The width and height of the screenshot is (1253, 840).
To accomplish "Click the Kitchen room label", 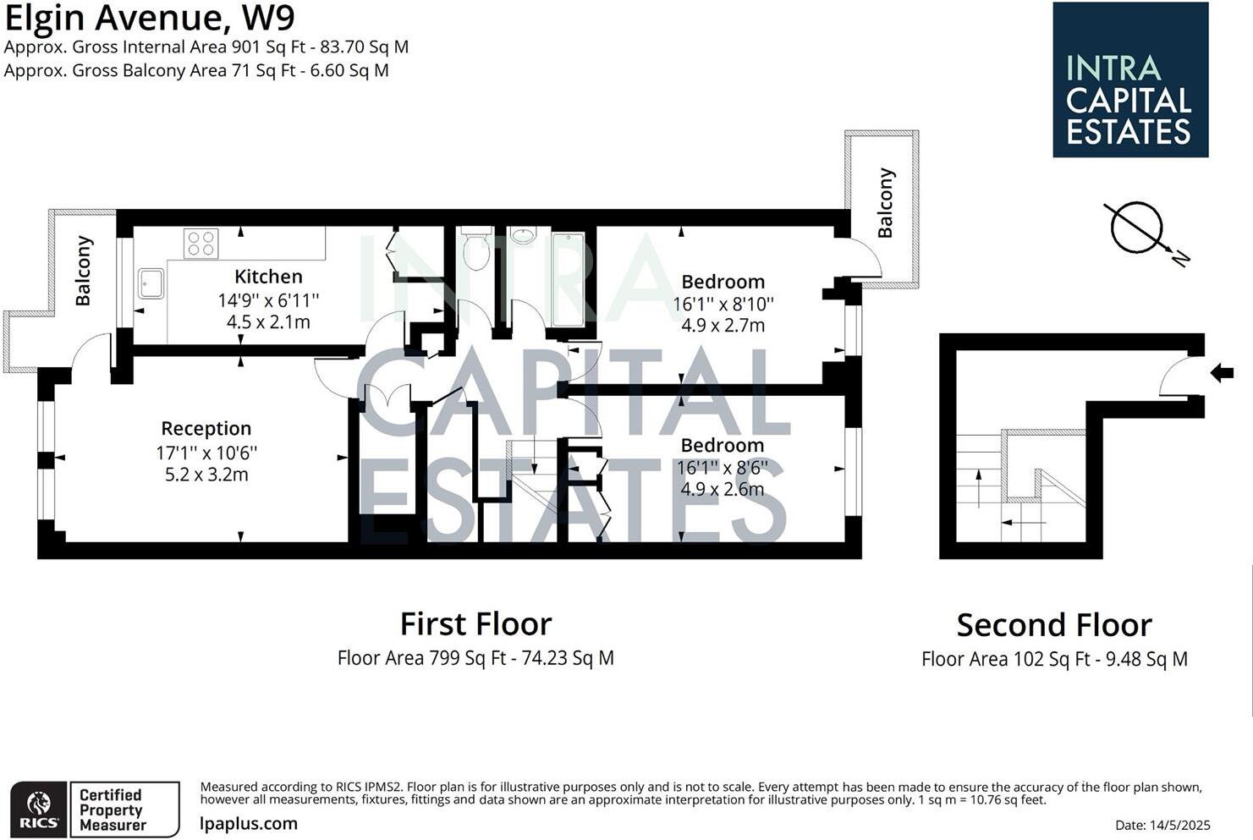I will [268, 277].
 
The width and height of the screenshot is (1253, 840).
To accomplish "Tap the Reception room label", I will [206, 428].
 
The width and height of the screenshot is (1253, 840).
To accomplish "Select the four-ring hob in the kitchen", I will [201, 244].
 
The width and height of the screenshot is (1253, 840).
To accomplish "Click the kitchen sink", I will [151, 283].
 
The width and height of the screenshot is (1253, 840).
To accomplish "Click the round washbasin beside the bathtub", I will [524, 234].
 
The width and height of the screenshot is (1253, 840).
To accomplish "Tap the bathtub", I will [568, 279].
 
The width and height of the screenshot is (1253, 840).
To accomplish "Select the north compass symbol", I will [1138, 228].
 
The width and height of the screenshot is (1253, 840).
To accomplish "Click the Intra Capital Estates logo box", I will [1129, 80].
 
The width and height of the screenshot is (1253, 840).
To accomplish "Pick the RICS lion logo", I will [39, 810].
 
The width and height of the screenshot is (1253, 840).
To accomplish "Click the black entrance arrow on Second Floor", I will [1222, 372].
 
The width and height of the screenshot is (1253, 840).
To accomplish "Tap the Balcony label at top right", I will [885, 203].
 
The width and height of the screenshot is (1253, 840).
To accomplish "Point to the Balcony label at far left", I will [83, 271].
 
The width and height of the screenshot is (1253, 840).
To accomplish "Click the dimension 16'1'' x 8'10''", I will [723, 304].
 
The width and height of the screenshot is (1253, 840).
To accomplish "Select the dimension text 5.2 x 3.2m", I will [206, 475].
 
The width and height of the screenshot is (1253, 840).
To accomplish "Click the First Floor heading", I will [475, 624].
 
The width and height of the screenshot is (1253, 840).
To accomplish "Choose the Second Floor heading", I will [1054, 626].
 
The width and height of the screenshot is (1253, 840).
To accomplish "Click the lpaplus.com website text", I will [249, 823].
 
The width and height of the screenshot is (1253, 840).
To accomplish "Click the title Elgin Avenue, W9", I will [150, 18].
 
